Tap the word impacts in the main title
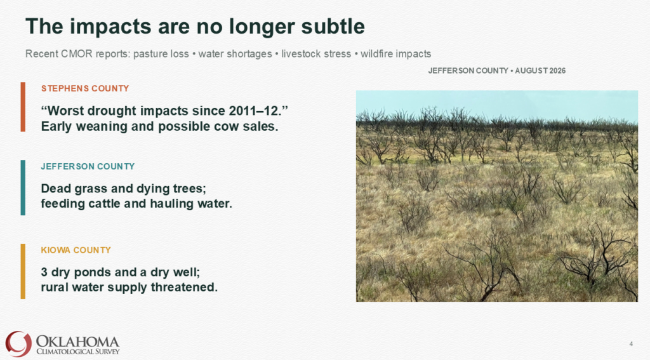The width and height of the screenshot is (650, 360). (109, 27)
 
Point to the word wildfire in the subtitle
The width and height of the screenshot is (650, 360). (376, 54)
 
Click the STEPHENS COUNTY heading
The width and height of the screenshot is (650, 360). (85, 88)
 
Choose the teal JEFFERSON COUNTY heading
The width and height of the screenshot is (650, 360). (88, 166)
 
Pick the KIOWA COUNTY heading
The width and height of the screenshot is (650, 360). (76, 250)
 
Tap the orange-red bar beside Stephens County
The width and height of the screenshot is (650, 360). (23, 107)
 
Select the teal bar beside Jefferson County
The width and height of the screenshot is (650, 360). (23, 187)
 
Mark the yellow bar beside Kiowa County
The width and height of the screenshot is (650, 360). (23, 271)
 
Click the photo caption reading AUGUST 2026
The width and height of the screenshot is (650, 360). (540, 70)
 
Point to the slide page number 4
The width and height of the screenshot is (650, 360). (631, 344)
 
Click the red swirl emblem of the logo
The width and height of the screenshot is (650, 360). (18, 344)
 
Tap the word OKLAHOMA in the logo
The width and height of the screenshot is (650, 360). (77, 342)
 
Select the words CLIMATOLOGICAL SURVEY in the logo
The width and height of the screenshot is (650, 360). (78, 352)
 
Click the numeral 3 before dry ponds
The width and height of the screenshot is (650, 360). (44, 272)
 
